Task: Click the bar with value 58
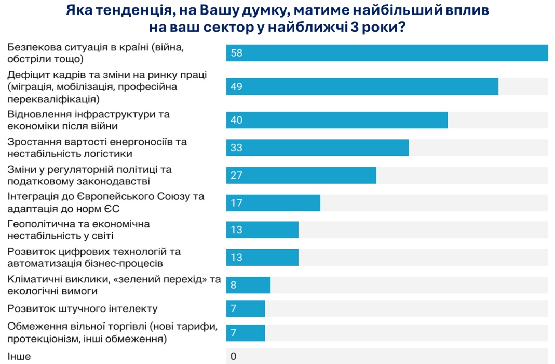point(387,53)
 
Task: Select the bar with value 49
point(362,86)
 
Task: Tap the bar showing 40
point(336,120)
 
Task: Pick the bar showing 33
point(317,147)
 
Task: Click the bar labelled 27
point(301,175)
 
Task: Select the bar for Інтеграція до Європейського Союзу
point(273,203)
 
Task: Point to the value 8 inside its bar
point(234,285)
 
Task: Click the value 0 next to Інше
point(234,356)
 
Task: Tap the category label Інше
point(19,356)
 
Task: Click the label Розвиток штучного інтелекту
point(83,308)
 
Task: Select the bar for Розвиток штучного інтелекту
point(246,308)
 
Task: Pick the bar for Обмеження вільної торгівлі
point(246,333)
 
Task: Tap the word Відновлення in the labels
point(34,114)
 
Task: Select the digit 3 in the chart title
point(356,28)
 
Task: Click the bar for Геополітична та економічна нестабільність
point(262,230)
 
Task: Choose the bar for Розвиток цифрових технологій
point(262,258)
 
